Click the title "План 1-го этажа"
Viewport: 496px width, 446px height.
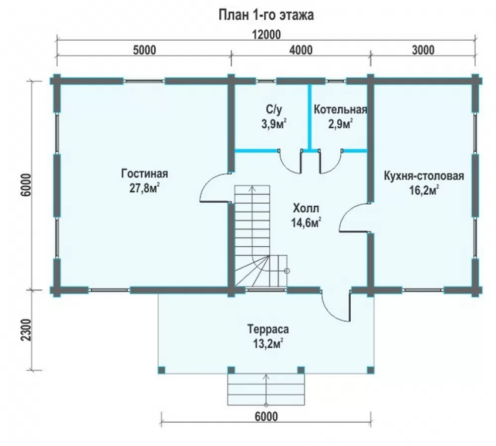[x=266, y=15]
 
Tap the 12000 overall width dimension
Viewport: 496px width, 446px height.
[x=266, y=35]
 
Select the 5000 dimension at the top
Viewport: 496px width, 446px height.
[x=144, y=50]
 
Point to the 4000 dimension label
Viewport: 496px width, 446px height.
[x=301, y=50]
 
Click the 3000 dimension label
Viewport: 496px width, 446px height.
[x=423, y=50]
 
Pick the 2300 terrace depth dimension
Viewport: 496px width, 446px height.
[x=27, y=330]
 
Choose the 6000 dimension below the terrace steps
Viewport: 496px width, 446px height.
[x=266, y=417]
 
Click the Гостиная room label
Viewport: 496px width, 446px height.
[x=144, y=173]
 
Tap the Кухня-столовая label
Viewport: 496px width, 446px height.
[x=424, y=176]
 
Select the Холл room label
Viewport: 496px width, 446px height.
[x=306, y=209]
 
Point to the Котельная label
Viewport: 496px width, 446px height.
[x=340, y=110]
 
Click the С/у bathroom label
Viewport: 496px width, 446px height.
[x=274, y=110]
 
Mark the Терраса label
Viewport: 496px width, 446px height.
[x=268, y=329]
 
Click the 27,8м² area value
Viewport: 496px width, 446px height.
[x=144, y=188]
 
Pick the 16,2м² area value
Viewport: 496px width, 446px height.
[x=424, y=191]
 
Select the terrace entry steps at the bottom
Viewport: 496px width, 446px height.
[x=266, y=390]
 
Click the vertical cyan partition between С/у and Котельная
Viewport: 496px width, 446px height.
[x=310, y=117]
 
